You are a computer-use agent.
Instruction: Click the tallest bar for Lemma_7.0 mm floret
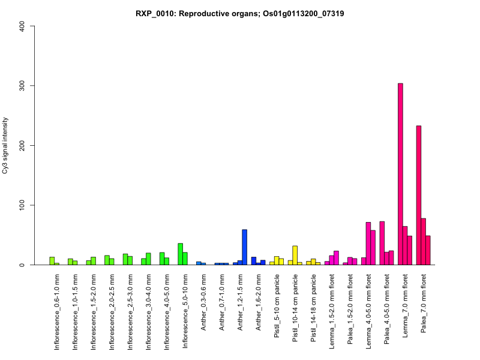[400, 174]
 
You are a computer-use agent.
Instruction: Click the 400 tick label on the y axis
[22, 26]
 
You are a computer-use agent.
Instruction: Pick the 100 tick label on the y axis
[22, 205]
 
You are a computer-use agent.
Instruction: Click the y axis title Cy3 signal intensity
[5, 145]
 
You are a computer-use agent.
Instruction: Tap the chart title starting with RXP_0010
[240, 14]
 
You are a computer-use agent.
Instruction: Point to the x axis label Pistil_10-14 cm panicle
[295, 308]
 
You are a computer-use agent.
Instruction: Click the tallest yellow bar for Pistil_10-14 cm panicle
[295, 255]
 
